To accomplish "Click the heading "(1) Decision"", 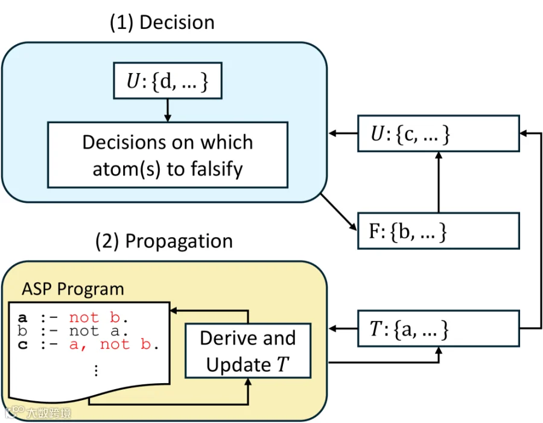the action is [162, 23].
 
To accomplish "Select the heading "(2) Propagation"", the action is [164, 241].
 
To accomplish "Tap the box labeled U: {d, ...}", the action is [168, 81].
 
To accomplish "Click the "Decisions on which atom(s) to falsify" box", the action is [168, 155].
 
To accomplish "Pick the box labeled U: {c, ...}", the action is [439, 133].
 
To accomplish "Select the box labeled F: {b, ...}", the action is [439, 231].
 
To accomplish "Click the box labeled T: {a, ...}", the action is [439, 328].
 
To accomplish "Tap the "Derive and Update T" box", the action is [248, 351].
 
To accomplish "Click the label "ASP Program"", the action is [73, 289].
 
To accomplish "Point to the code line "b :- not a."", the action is [73, 331].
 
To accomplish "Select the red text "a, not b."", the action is [114, 345].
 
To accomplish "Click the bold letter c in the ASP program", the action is [22, 345].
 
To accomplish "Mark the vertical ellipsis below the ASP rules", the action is [96, 371].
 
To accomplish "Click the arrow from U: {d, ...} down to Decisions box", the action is [168, 110].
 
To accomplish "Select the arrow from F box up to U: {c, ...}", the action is [439, 182].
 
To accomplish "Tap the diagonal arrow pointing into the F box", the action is [338, 212].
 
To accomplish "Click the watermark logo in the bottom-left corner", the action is [14, 412].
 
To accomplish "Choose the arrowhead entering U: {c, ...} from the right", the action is [524, 133].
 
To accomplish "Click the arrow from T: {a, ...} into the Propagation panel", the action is [343, 328].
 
